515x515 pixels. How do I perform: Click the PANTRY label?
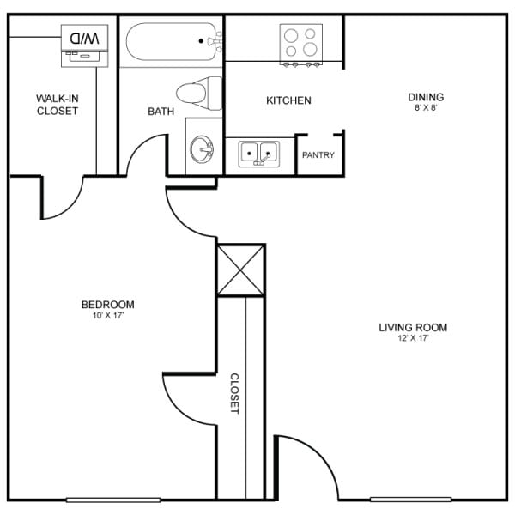318,155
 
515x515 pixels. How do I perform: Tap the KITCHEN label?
288,101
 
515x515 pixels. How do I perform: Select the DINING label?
427,97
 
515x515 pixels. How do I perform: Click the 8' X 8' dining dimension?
427,108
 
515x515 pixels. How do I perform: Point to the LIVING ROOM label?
413,327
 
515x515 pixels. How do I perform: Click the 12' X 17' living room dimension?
413,338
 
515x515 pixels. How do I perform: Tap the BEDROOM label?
107,305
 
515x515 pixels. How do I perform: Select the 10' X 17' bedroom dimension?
107,316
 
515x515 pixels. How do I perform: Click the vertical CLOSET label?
233,394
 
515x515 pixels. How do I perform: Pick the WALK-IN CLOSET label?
57,105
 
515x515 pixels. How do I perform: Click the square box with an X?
240,270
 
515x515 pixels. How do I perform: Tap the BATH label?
161,112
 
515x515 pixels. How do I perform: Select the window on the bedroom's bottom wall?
100,500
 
